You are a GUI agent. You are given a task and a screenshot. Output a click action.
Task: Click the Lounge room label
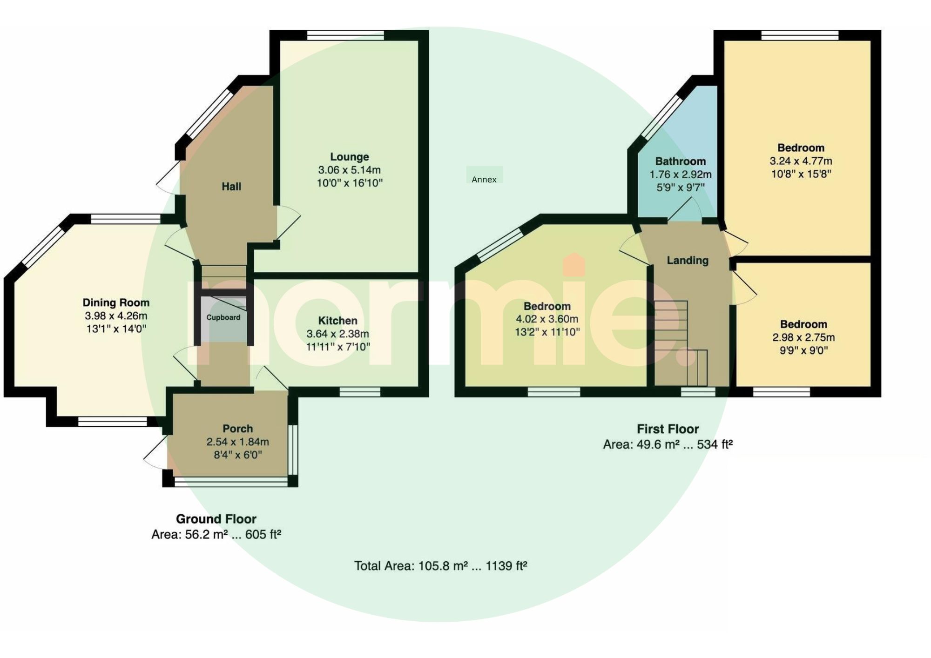point(350,157)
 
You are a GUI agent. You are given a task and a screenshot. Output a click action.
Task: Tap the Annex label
point(484,180)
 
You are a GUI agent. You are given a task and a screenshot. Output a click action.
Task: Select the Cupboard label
point(223,317)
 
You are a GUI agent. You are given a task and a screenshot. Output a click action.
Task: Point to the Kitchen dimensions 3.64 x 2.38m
point(337,334)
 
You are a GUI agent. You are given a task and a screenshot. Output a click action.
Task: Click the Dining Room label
point(116,302)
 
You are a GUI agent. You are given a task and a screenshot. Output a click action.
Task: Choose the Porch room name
point(237,429)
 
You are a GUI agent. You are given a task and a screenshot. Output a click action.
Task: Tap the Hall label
point(231,187)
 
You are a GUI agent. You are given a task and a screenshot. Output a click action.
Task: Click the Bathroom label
point(681,161)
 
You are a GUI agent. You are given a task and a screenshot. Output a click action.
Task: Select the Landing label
point(688,260)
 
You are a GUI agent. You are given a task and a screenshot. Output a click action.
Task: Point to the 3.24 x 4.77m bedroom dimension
point(801,161)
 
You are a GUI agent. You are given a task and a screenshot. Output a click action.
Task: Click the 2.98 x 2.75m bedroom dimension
point(803,337)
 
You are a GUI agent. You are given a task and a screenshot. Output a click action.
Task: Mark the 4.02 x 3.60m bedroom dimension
point(547,319)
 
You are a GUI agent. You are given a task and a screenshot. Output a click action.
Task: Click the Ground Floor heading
point(216,519)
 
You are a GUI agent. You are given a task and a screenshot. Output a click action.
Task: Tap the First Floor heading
point(668,429)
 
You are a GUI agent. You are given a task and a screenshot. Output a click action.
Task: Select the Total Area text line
point(440,566)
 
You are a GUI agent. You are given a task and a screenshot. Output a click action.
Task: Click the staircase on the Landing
point(681,343)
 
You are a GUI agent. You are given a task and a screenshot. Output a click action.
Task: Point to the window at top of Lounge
point(345,35)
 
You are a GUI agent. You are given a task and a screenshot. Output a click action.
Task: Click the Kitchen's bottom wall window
point(360,392)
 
